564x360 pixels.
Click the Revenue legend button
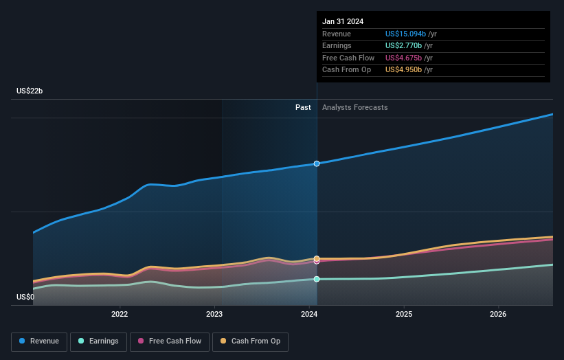(39, 341)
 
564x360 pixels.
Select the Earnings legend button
(99, 341)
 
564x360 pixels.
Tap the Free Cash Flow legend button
(170, 341)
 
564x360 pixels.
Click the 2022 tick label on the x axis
(120, 315)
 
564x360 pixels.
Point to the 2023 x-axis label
(214, 315)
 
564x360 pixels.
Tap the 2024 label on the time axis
(309, 315)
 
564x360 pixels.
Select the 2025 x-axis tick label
(404, 315)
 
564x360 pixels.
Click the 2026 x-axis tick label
(498, 315)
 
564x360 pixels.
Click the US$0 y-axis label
(25, 297)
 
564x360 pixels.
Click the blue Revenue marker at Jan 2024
(317, 164)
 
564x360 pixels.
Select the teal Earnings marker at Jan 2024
(317, 279)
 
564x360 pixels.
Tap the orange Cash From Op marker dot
(317, 259)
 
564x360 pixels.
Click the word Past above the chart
(303, 108)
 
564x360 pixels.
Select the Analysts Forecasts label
(354, 108)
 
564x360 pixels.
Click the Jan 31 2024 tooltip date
(343, 21)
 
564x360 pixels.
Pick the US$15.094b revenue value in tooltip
(405, 34)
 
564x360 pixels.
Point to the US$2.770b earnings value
(403, 46)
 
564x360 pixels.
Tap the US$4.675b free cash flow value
(403, 58)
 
